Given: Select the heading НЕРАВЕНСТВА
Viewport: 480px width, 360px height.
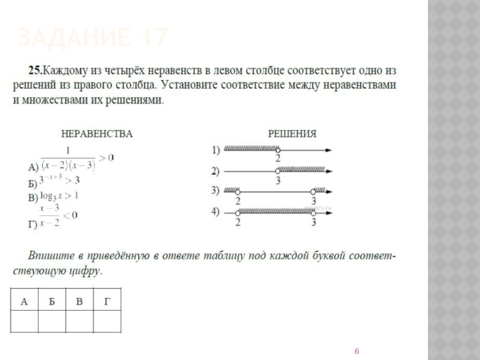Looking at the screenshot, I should (x=94, y=133).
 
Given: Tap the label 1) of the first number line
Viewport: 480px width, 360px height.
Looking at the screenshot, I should (x=216, y=149).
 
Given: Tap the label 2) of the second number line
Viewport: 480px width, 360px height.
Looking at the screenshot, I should (x=216, y=171).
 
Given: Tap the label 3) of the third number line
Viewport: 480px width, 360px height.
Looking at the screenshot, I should (x=216, y=191).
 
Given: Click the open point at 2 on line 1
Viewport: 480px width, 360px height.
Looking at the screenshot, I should (x=277, y=150).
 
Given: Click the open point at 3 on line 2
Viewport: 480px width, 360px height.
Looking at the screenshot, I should (x=277, y=172).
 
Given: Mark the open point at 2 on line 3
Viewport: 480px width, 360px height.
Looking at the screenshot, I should (x=238, y=192).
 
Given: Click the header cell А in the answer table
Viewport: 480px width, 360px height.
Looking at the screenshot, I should (x=24, y=301).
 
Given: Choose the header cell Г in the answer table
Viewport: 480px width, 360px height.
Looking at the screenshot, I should (x=107, y=301).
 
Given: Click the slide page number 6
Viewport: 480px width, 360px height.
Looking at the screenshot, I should (x=357, y=350).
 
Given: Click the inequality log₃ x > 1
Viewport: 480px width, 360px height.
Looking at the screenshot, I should (x=60, y=196).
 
